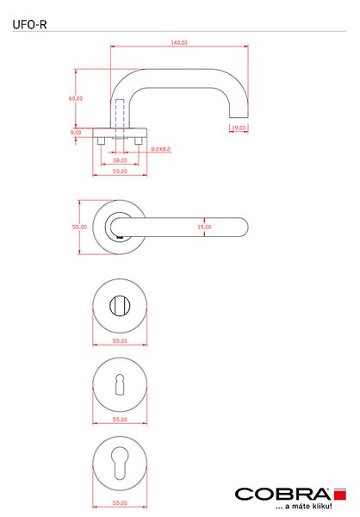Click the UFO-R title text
pyautogui.click(x=29, y=25)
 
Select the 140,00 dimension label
pyautogui.click(x=179, y=42)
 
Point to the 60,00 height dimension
pyautogui.click(x=76, y=98)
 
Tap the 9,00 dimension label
pyautogui.click(x=76, y=132)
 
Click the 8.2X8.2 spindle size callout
pyautogui.click(x=161, y=149)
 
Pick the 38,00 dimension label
pyautogui.click(x=120, y=160)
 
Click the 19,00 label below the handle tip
pyautogui.click(x=239, y=128)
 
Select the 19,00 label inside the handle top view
pyautogui.click(x=204, y=227)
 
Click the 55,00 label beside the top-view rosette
pyautogui.click(x=79, y=227)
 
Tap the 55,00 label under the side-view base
pyautogui.click(x=120, y=171)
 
